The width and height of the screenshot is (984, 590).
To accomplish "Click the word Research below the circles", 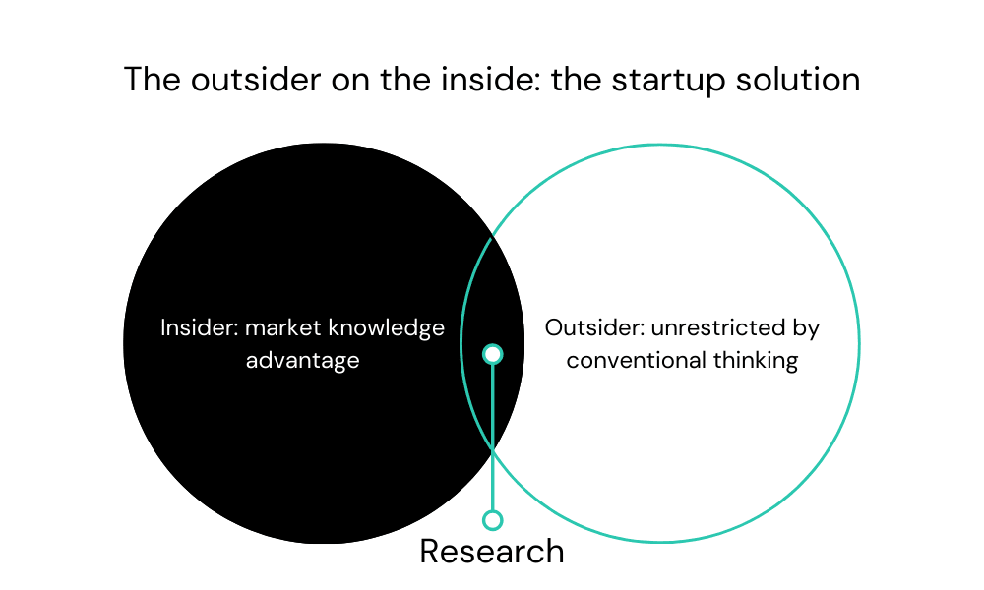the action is coord(492,551).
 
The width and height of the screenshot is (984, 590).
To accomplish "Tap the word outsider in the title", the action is coord(256,80).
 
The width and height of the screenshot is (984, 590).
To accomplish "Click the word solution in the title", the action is coord(798,80).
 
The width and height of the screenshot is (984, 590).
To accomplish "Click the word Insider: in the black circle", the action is coord(200,327).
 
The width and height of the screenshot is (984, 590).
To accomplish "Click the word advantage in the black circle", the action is coord(302,361).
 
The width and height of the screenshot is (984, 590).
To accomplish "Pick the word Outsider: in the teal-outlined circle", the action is coord(595,327).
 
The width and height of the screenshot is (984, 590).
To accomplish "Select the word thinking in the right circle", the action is coord(756,361).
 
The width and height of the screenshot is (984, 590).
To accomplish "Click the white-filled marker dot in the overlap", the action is coord(493,354).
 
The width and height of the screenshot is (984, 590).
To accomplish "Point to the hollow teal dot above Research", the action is coord(493,520).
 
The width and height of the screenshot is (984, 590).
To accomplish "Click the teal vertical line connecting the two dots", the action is coord(493,437).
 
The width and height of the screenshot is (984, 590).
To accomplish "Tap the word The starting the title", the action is coord(153,80).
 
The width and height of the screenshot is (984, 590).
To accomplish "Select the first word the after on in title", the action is coord(405,80).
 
